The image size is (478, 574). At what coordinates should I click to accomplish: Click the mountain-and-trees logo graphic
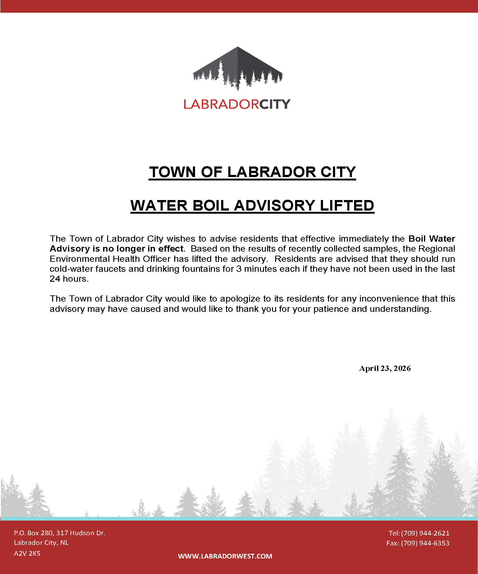(238, 68)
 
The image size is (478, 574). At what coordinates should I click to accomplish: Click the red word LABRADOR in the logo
(221, 104)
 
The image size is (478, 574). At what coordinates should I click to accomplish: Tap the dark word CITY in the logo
(275, 104)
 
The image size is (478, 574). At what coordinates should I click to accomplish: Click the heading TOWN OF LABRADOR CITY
(252, 172)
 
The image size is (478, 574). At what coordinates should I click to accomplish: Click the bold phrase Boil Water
(431, 239)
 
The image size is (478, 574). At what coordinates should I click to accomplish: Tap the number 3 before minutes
(239, 269)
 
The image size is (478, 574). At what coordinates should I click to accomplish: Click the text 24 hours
(69, 279)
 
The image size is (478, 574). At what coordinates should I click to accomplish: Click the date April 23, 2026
(385, 368)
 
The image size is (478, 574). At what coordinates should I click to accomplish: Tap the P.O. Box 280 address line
(60, 533)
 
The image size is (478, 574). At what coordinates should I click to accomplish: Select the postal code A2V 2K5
(27, 553)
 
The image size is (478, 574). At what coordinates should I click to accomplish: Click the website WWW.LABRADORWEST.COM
(225, 556)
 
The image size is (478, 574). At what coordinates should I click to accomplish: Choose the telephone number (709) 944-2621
(425, 533)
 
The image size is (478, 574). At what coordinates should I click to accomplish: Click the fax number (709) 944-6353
(425, 543)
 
